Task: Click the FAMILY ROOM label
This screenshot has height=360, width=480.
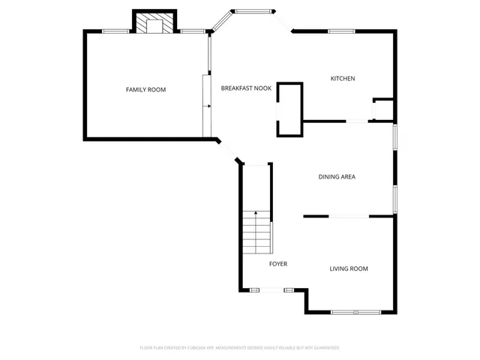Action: pos(145,90)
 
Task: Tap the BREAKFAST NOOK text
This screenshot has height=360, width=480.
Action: pos(246,88)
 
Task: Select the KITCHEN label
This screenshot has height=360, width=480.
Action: pos(343,79)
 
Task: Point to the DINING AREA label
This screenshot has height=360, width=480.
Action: pos(337,177)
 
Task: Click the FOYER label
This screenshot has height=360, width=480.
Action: pos(278,264)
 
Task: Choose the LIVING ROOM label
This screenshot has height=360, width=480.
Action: pos(349,268)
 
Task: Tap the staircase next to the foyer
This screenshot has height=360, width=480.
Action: pos(256,232)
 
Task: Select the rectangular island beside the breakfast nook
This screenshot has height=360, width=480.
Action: pos(289,109)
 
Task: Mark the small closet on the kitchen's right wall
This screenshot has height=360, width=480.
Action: pos(383,109)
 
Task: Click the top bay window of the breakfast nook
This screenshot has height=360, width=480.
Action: pos(253,10)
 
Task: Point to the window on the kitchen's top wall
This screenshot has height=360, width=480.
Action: pos(341,31)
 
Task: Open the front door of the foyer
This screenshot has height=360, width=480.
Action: pos(266,290)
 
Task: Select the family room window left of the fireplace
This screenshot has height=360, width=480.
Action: pos(115,31)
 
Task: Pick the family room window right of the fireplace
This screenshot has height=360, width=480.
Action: pos(193,31)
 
